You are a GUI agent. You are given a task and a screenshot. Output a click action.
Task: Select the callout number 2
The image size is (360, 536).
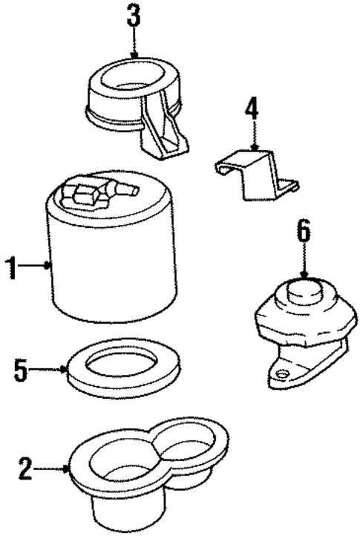coord(24,468)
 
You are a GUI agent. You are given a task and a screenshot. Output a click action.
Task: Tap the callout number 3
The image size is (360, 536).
coord(133,16)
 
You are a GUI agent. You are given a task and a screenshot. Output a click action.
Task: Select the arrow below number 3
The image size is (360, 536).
coord(134,45)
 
